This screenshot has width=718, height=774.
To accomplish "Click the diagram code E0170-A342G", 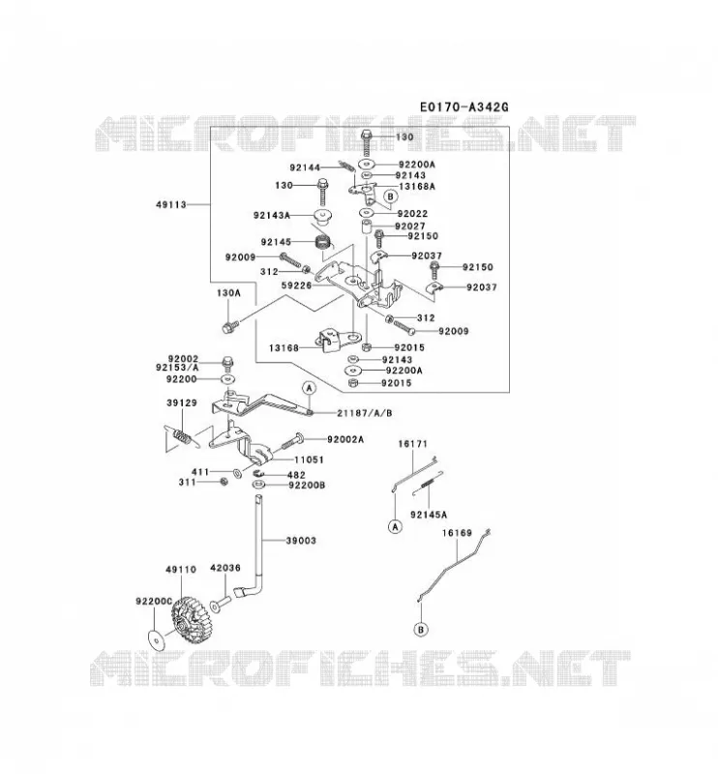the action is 464,106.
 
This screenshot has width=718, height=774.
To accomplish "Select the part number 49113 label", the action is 171,204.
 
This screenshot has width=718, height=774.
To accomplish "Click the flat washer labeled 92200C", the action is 157,640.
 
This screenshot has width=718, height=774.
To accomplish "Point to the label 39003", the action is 301,541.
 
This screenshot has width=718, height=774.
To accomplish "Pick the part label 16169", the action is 457,533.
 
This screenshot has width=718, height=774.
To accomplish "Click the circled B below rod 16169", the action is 421,630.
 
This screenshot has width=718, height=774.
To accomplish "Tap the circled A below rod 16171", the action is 395,527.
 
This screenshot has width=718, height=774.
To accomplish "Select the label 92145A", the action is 429,515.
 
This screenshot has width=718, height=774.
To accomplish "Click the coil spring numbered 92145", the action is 323,243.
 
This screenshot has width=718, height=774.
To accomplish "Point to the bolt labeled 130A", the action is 230,326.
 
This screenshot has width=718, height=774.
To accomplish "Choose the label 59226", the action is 297,285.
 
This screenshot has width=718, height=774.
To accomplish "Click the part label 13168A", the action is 417,187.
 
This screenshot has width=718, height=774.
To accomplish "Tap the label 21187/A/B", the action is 365,413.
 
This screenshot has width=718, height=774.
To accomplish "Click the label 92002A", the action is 345,439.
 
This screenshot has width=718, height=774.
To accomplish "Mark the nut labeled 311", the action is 224,482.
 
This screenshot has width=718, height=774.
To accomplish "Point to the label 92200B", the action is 307,486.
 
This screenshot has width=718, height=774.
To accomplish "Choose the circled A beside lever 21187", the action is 310,388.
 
